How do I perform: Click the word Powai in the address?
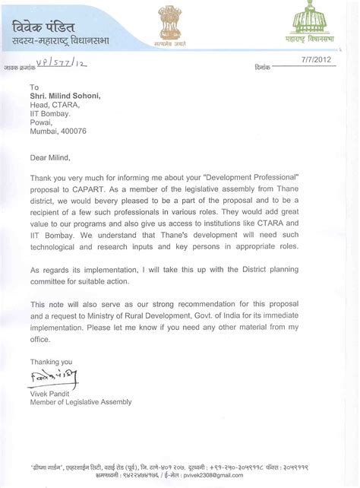click(x=42, y=122)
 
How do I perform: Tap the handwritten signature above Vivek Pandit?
click(x=53, y=376)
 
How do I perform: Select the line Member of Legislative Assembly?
click(x=81, y=401)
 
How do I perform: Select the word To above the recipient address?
click(x=35, y=87)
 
